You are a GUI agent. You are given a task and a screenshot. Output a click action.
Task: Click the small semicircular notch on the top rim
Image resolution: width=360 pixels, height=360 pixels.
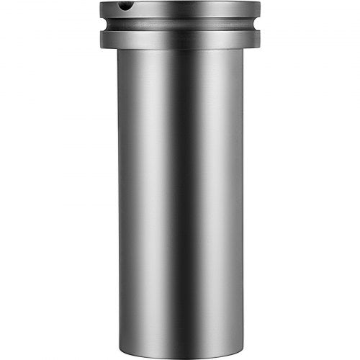coord(126,6)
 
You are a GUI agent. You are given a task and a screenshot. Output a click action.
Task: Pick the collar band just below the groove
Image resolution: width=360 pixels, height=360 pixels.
coord(180,40)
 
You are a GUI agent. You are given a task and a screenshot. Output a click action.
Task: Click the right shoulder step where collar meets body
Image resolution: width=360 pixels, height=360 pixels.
coord(251,49)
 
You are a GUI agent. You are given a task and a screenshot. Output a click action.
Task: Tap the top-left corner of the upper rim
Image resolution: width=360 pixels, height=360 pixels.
coord(101,4)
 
